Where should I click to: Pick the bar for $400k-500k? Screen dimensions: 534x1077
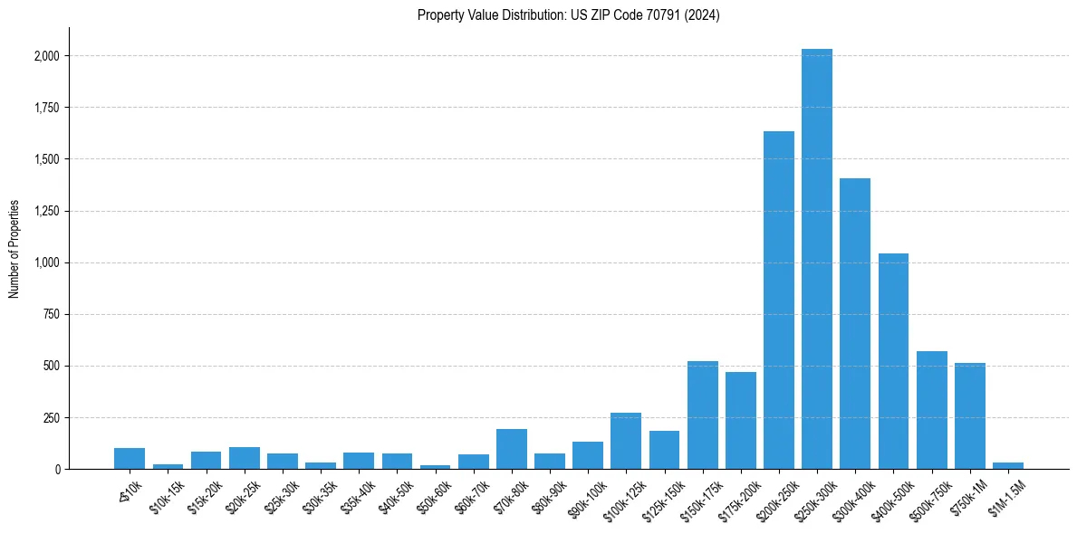click(893, 361)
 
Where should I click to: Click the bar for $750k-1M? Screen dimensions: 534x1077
click(969, 416)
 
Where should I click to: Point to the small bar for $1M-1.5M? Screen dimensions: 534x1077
click(1007, 465)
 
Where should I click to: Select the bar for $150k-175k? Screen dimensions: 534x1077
click(703, 415)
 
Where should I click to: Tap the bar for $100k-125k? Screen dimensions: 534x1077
click(626, 441)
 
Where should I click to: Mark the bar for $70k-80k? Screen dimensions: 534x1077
click(512, 449)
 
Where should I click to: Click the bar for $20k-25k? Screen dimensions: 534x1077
click(245, 458)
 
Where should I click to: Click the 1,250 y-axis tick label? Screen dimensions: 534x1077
click(47, 211)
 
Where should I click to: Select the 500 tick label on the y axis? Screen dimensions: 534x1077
click(53, 367)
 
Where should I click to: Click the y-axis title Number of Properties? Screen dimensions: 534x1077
click(14, 249)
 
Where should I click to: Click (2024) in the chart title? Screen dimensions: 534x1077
click(703, 14)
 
